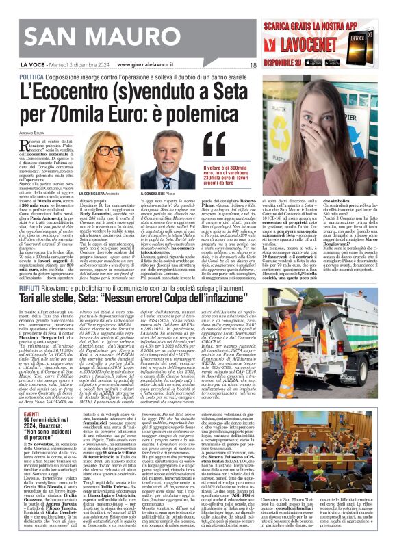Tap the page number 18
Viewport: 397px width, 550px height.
pyautogui.click(x=253, y=66)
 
